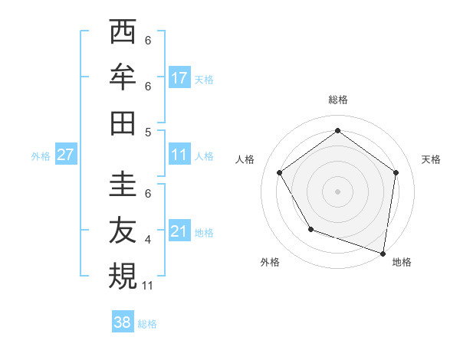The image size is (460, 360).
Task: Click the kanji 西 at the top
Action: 123,33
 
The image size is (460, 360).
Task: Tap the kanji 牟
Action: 123,77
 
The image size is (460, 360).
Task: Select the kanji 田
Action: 123,122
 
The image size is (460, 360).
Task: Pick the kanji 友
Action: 123,231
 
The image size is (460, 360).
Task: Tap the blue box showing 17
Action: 179,77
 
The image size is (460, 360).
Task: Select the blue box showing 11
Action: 179,155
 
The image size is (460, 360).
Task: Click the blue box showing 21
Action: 179,231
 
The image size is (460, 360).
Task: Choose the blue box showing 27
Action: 66,155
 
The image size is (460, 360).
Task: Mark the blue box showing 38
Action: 123,322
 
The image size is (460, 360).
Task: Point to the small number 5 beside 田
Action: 148,132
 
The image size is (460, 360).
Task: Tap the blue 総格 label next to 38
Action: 147,324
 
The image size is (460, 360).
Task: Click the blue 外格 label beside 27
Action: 41,156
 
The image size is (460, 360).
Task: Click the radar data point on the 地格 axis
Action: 383,252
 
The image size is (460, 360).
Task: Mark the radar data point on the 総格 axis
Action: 337,130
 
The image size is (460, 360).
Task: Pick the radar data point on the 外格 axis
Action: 310,228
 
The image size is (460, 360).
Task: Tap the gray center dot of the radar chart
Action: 337,191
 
